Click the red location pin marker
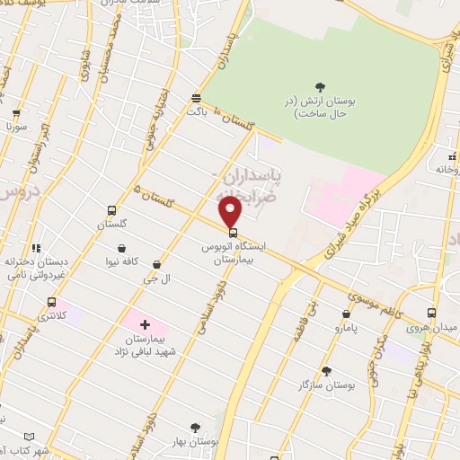[231, 212]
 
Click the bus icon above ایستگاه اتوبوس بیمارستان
[234, 233]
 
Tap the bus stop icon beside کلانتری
[51, 303]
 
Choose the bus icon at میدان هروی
[432, 314]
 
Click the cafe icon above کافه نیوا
[121, 249]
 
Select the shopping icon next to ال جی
[158, 265]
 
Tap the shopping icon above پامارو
[347, 314]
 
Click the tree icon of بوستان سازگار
[326, 370]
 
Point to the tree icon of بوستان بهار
[195, 428]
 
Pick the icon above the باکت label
[197, 99]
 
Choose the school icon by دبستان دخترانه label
[36, 249]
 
